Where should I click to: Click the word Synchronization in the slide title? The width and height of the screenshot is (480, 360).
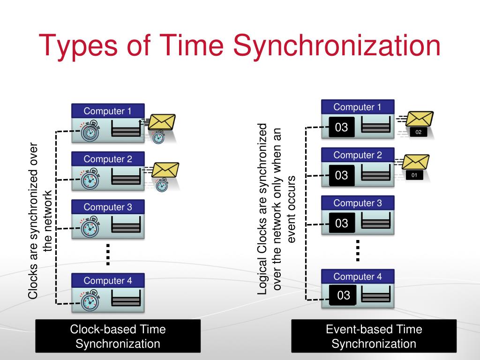336,45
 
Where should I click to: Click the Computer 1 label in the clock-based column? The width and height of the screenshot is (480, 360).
108,111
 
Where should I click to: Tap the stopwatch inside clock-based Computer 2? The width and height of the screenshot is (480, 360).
89,179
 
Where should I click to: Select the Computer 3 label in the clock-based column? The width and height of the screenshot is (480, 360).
108,207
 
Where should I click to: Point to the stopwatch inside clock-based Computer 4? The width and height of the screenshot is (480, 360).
89,301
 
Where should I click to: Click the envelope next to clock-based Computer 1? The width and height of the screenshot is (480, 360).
162,123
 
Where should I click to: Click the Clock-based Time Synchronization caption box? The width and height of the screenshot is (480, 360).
118,336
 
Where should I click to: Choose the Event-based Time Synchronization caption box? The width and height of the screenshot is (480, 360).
374,336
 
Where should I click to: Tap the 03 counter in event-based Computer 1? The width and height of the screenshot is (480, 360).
342,127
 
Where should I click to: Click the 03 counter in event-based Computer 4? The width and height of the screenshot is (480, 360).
344,295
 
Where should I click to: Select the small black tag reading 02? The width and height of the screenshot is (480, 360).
419,132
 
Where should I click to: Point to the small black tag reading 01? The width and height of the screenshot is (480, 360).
414,176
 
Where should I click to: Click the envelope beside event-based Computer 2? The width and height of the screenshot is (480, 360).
416,162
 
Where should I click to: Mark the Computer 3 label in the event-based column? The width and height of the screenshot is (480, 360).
358,203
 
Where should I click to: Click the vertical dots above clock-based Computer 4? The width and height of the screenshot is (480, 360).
107,255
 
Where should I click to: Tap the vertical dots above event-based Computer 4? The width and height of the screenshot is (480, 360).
358,250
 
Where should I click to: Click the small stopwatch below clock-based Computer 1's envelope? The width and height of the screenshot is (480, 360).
158,137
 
